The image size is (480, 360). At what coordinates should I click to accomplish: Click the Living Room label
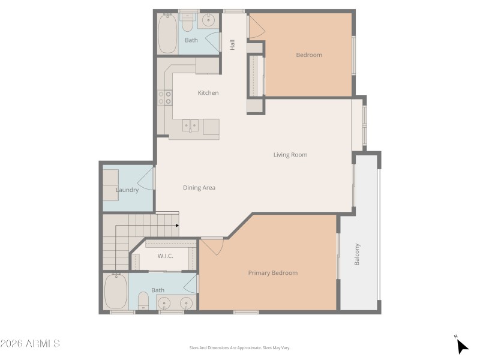point(290,155)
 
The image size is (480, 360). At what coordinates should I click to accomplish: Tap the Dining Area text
point(199,188)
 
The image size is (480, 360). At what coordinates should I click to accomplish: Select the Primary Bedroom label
point(273,273)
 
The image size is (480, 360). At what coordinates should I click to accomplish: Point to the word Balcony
point(358,254)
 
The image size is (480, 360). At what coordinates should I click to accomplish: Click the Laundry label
point(127,190)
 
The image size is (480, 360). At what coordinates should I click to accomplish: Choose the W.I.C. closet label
point(165,256)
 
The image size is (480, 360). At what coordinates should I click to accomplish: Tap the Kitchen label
point(208,93)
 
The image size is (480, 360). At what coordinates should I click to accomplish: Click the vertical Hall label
point(232,44)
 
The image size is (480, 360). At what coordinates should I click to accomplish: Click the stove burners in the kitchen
point(165,98)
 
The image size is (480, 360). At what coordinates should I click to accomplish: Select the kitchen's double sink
point(191,126)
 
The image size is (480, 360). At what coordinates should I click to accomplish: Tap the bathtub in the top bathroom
point(167,33)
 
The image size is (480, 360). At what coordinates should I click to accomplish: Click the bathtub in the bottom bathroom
point(115,292)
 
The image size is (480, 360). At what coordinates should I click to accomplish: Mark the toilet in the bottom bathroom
point(143,300)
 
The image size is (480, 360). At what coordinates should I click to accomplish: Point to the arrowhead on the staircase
point(177,226)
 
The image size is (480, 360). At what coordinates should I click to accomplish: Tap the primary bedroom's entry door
point(212,246)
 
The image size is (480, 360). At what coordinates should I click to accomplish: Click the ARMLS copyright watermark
point(30,344)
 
